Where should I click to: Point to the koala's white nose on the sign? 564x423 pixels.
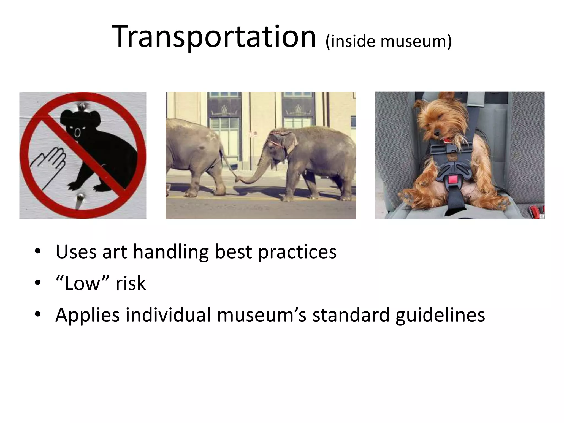pyautogui.click(x=78, y=133)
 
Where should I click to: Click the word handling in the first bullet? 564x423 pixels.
pyautogui.click(x=171, y=252)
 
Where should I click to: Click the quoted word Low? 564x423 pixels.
pyautogui.click(x=82, y=283)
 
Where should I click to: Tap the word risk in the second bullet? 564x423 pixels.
pyautogui.click(x=131, y=283)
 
